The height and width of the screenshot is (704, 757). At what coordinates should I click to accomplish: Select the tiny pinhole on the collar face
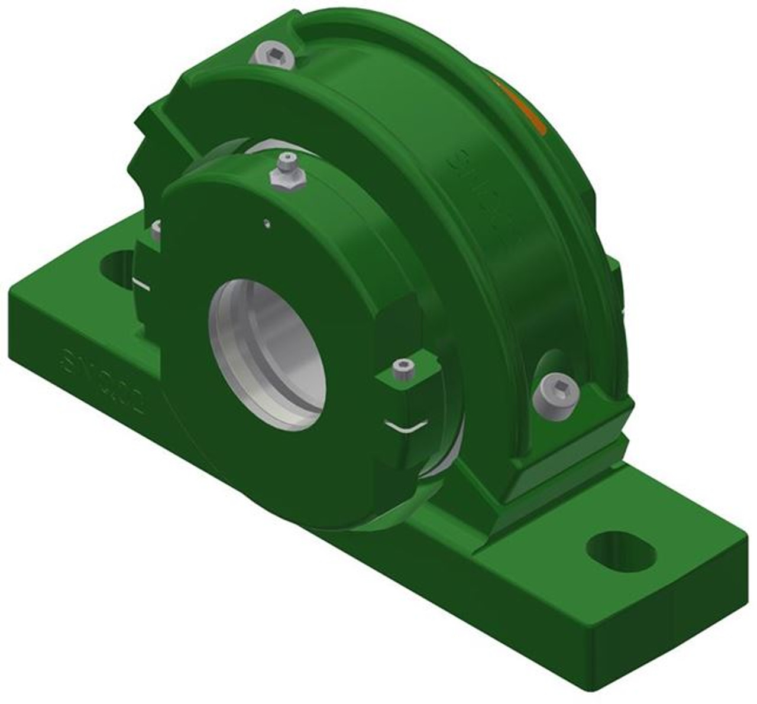point(267,222)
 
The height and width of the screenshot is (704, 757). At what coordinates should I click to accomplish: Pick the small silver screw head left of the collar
point(157,231)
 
